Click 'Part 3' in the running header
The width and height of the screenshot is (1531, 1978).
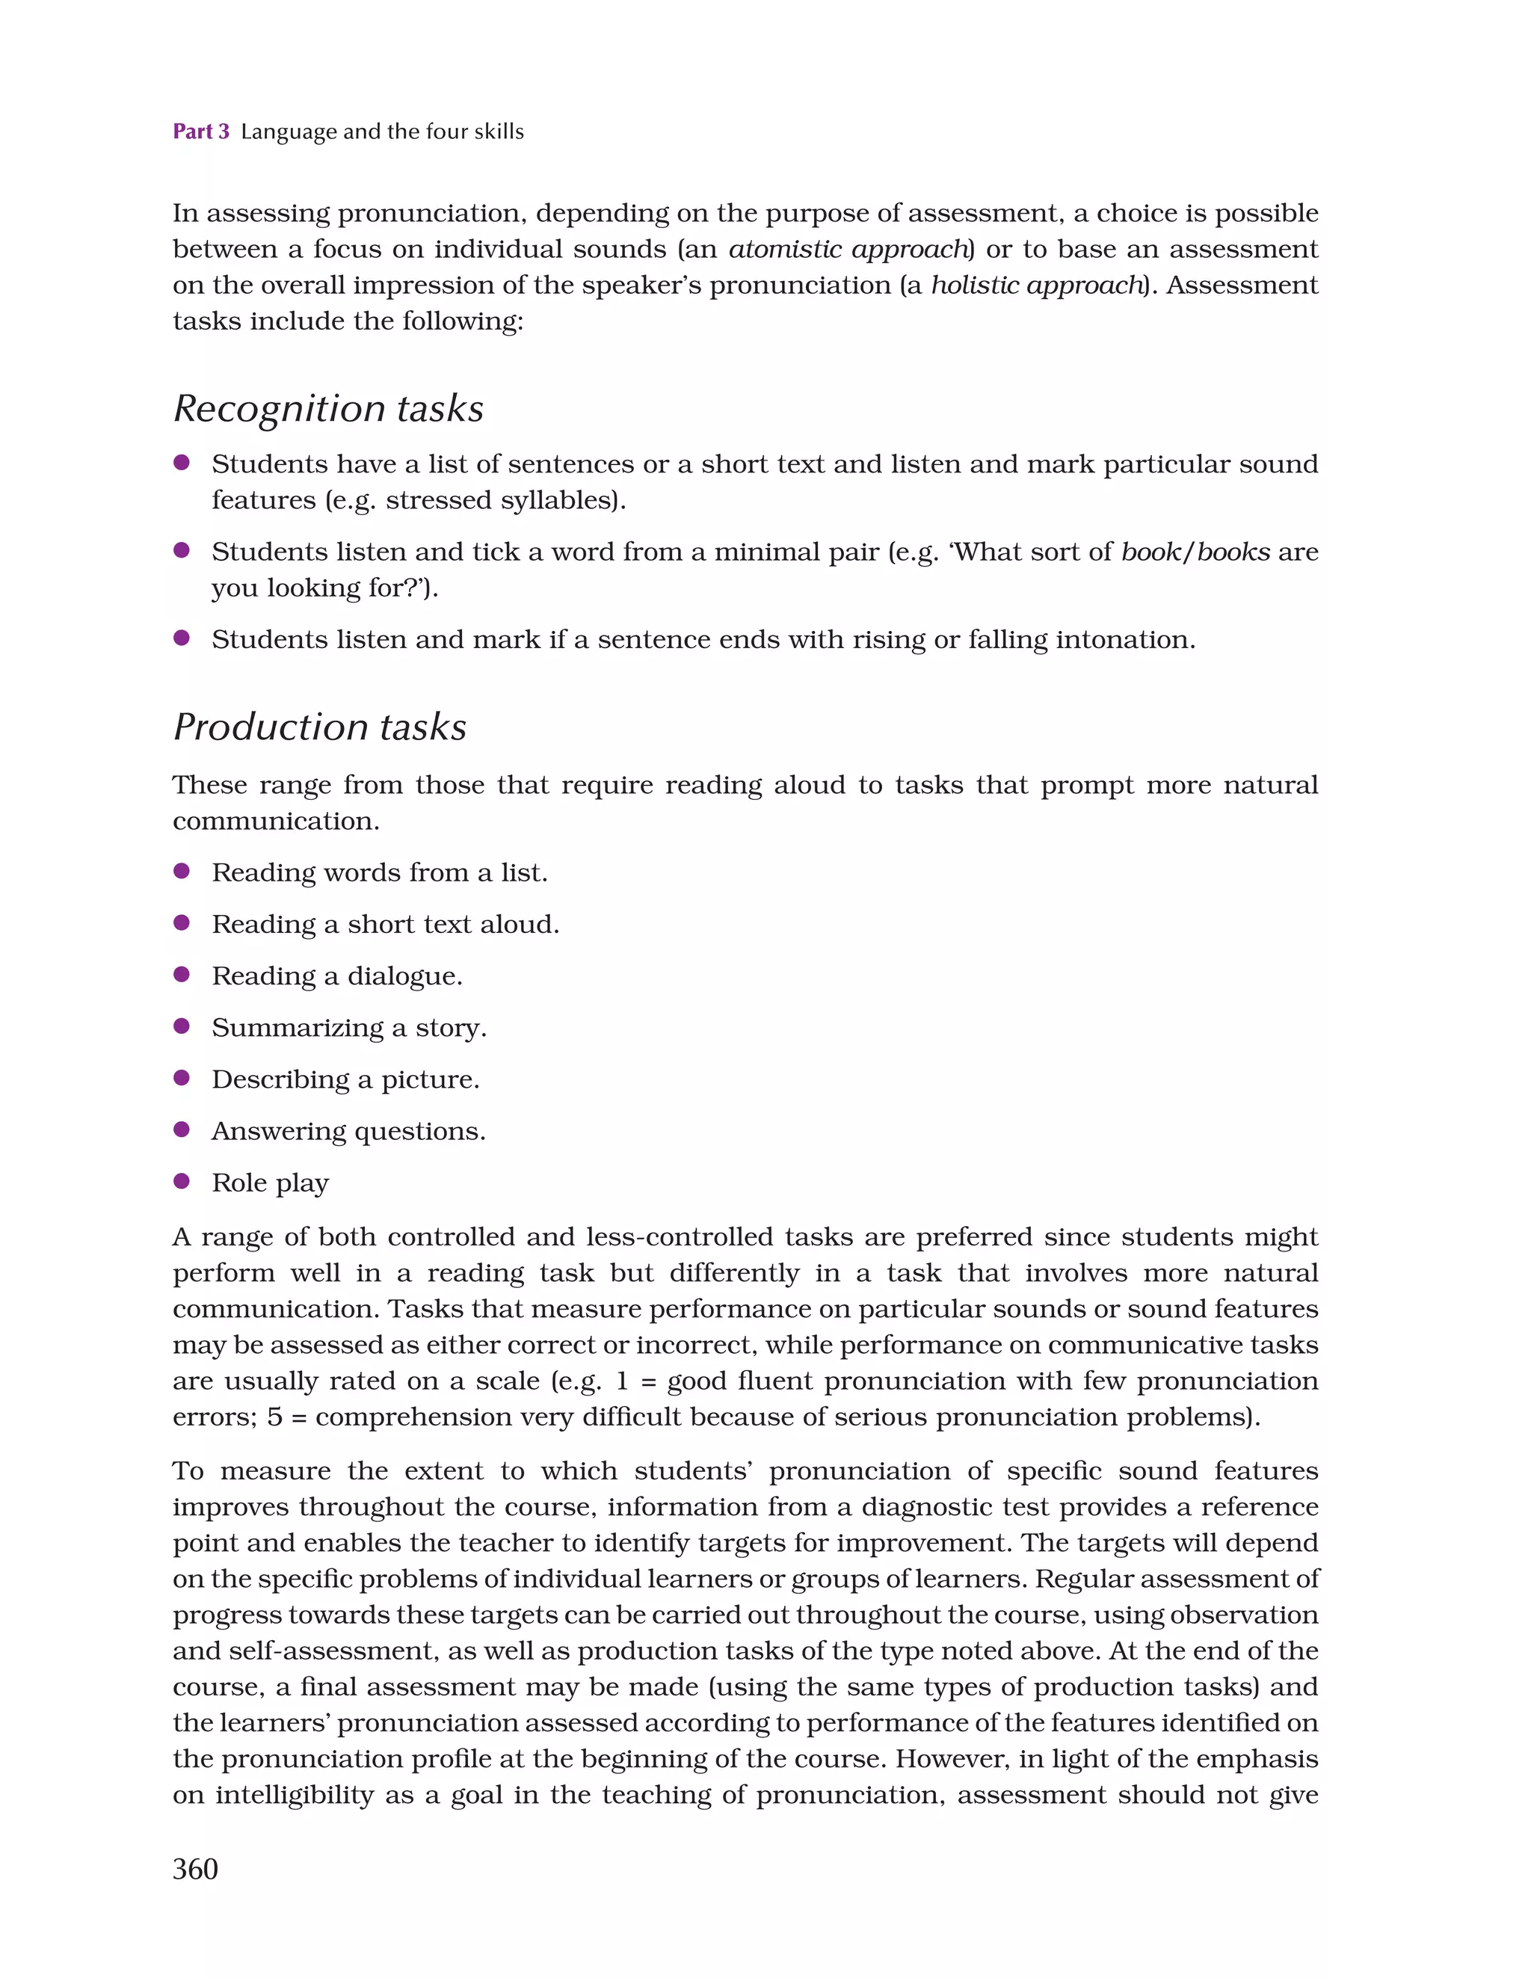click(x=201, y=132)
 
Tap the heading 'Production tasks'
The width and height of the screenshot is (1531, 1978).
click(x=320, y=727)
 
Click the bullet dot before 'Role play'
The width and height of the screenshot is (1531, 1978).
click(x=181, y=1181)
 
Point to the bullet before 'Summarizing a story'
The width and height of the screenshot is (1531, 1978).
click(x=181, y=1026)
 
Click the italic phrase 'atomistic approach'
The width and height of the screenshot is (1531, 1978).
click(x=848, y=249)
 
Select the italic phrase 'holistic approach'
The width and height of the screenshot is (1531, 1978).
click(x=1036, y=286)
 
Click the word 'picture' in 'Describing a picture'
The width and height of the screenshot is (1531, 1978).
click(x=429, y=1079)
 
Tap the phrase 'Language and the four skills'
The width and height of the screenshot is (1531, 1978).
click(x=381, y=132)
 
